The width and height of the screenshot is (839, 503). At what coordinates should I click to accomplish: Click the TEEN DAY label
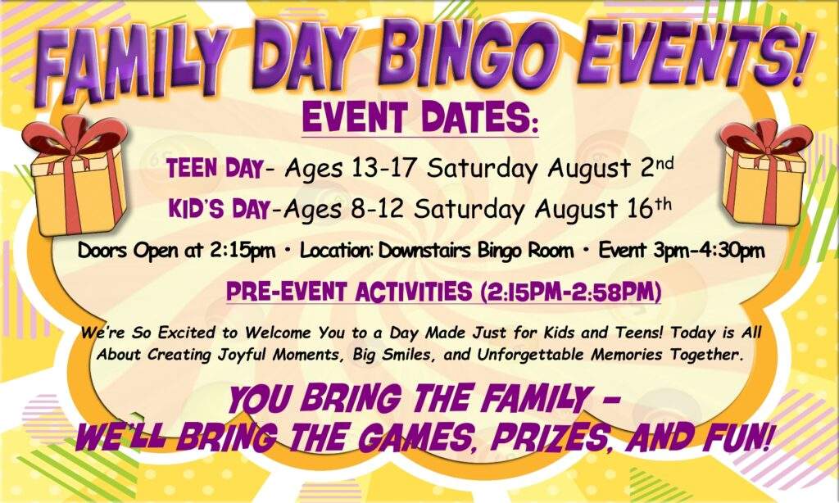pos(214,169)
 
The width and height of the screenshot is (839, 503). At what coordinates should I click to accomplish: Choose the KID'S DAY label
pos(218,209)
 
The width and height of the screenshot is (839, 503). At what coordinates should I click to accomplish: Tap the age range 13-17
pos(383,168)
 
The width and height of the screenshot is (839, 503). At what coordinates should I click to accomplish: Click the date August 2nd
pos(610,168)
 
